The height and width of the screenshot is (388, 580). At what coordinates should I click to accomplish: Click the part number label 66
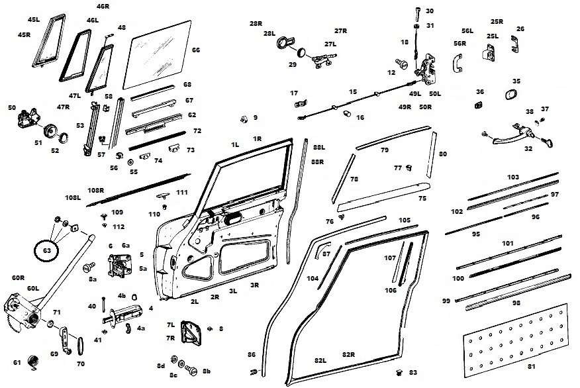pos(196,50)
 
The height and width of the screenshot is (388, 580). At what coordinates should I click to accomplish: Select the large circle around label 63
pos(46,251)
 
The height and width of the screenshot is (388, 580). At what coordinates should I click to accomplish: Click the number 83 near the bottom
pos(413,373)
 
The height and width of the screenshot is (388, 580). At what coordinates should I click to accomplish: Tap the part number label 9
pos(255,118)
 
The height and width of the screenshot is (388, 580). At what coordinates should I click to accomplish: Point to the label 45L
pos(34,20)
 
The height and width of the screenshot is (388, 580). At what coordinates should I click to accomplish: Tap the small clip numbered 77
pos(409,167)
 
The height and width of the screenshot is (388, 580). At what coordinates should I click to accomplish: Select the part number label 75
pos(422,198)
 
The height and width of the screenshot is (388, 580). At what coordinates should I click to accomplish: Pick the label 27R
pos(341,31)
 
